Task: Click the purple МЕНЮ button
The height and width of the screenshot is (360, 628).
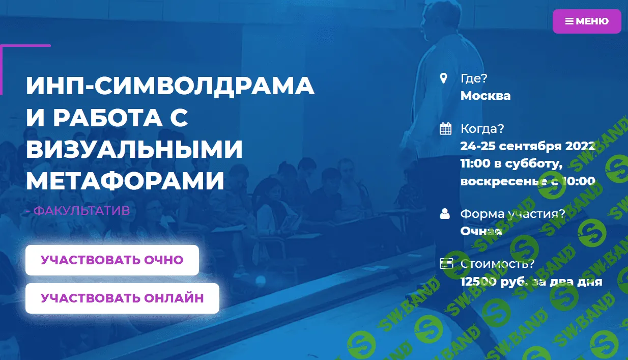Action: click(x=587, y=21)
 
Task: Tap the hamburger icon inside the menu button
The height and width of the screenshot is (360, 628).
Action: click(x=569, y=21)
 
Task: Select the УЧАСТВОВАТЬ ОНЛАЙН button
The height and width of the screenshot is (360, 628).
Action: click(x=122, y=298)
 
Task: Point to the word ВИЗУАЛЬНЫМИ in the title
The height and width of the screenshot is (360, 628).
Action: click(x=134, y=149)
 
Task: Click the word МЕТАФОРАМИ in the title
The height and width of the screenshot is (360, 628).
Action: click(x=125, y=181)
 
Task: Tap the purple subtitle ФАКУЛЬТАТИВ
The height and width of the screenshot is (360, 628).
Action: click(x=81, y=210)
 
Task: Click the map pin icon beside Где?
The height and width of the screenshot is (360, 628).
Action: click(x=444, y=78)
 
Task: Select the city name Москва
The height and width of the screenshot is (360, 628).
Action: click(x=485, y=96)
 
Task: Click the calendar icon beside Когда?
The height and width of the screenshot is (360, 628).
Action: click(x=445, y=129)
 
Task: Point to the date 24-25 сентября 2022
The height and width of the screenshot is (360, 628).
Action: click(x=528, y=146)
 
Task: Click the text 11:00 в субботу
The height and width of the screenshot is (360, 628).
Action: click(x=511, y=163)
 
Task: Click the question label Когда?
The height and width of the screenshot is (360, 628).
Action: click(x=482, y=129)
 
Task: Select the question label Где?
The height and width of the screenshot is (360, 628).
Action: click(x=474, y=78)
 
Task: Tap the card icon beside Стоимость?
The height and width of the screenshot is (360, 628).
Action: click(x=446, y=264)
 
